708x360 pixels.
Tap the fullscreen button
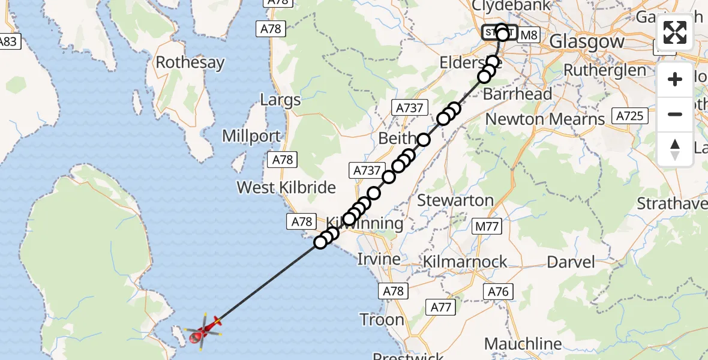675,32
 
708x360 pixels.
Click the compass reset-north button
675,149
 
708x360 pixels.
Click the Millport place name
251,136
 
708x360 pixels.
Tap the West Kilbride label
286,188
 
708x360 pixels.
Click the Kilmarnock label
465,262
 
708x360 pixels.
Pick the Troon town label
382,319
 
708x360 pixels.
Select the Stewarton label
455,200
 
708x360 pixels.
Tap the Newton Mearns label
545,119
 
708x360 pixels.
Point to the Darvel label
571,262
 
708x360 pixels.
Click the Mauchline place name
523,344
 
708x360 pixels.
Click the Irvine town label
379,259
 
